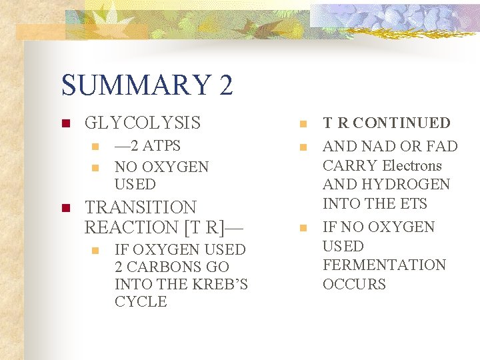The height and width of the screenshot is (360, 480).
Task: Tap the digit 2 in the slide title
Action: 225,85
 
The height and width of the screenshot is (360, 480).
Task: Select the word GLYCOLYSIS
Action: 143,123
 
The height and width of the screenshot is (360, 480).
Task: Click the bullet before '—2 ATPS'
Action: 95,147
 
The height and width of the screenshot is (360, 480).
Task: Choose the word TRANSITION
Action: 141,207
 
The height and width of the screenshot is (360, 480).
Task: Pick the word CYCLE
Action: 141,301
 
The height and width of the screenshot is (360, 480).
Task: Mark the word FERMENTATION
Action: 384,265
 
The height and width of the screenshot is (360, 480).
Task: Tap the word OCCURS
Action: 354,284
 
